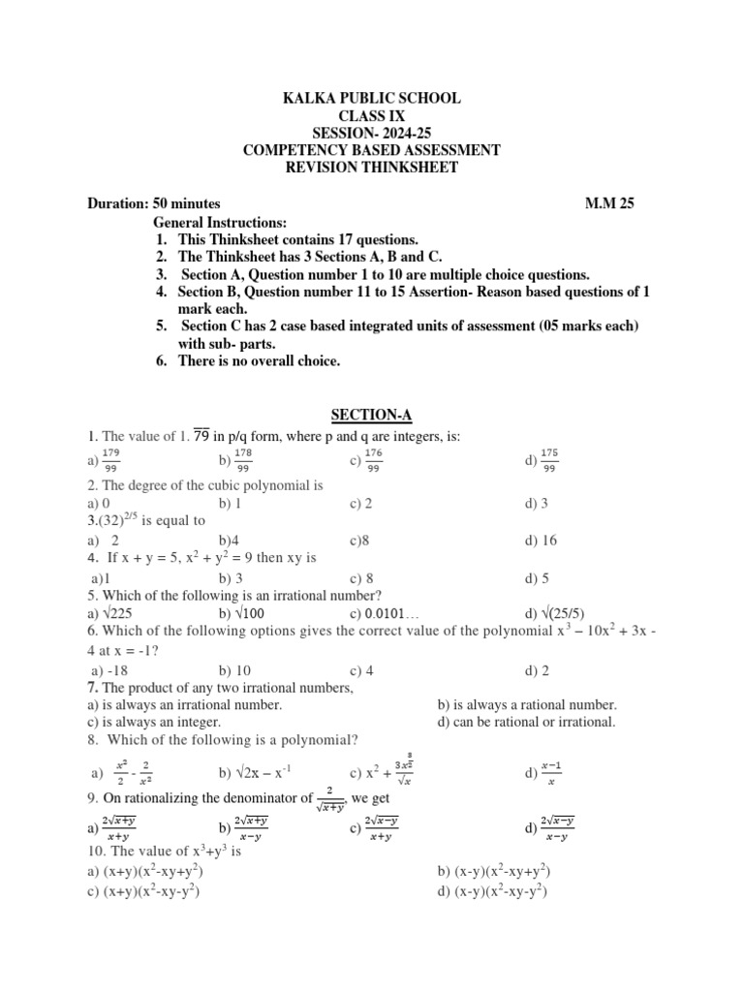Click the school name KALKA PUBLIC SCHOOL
[x=371, y=98]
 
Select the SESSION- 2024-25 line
[x=371, y=133]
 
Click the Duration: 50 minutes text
[x=154, y=203]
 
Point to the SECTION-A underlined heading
[x=371, y=415]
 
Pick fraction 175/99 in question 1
[x=549, y=461]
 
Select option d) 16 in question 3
[x=541, y=541]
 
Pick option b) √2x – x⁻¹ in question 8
[x=255, y=773]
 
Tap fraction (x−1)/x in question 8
[x=553, y=772]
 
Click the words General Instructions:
[x=221, y=222]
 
